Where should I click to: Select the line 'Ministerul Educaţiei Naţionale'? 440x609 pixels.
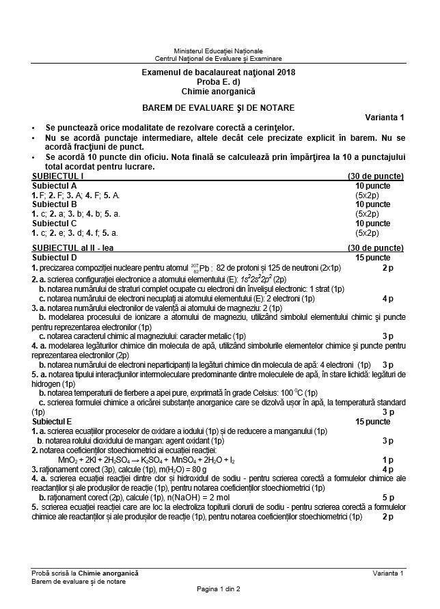click(218, 51)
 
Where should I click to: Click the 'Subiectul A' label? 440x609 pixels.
click(54, 185)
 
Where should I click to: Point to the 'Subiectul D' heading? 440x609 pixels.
click(54, 257)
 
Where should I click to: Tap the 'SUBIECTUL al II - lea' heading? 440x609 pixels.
click(75, 247)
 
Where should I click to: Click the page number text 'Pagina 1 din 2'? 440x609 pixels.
click(218, 588)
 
